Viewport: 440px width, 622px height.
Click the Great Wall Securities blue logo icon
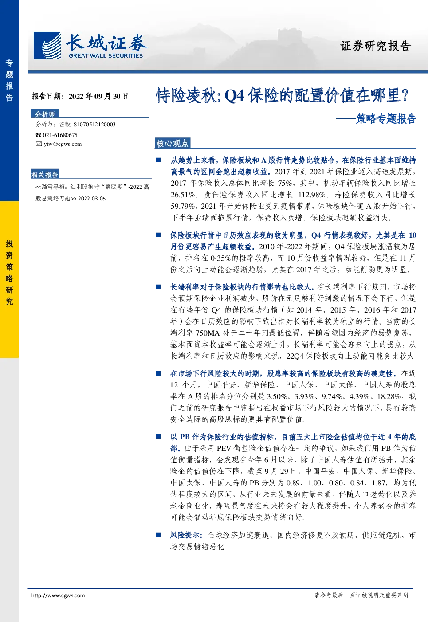coord(47,46)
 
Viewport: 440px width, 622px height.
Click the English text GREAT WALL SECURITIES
coord(106,55)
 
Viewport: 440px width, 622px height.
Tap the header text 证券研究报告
coord(375,46)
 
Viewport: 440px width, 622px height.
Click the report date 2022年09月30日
coord(98,96)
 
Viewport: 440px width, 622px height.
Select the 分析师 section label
coord(45,114)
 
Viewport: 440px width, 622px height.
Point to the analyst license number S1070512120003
coord(94,125)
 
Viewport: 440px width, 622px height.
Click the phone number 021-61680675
coord(60,135)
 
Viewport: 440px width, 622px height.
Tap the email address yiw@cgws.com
coord(63,144)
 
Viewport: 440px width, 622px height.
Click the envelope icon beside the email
coord(39,144)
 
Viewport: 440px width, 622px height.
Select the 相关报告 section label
coord(45,175)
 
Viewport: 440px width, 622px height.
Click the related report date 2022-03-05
coord(92,199)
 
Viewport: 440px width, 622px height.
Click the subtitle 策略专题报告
coord(386,119)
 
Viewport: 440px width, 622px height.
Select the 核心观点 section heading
coord(172,143)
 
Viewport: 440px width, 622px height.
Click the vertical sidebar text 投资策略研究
coord(9,273)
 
